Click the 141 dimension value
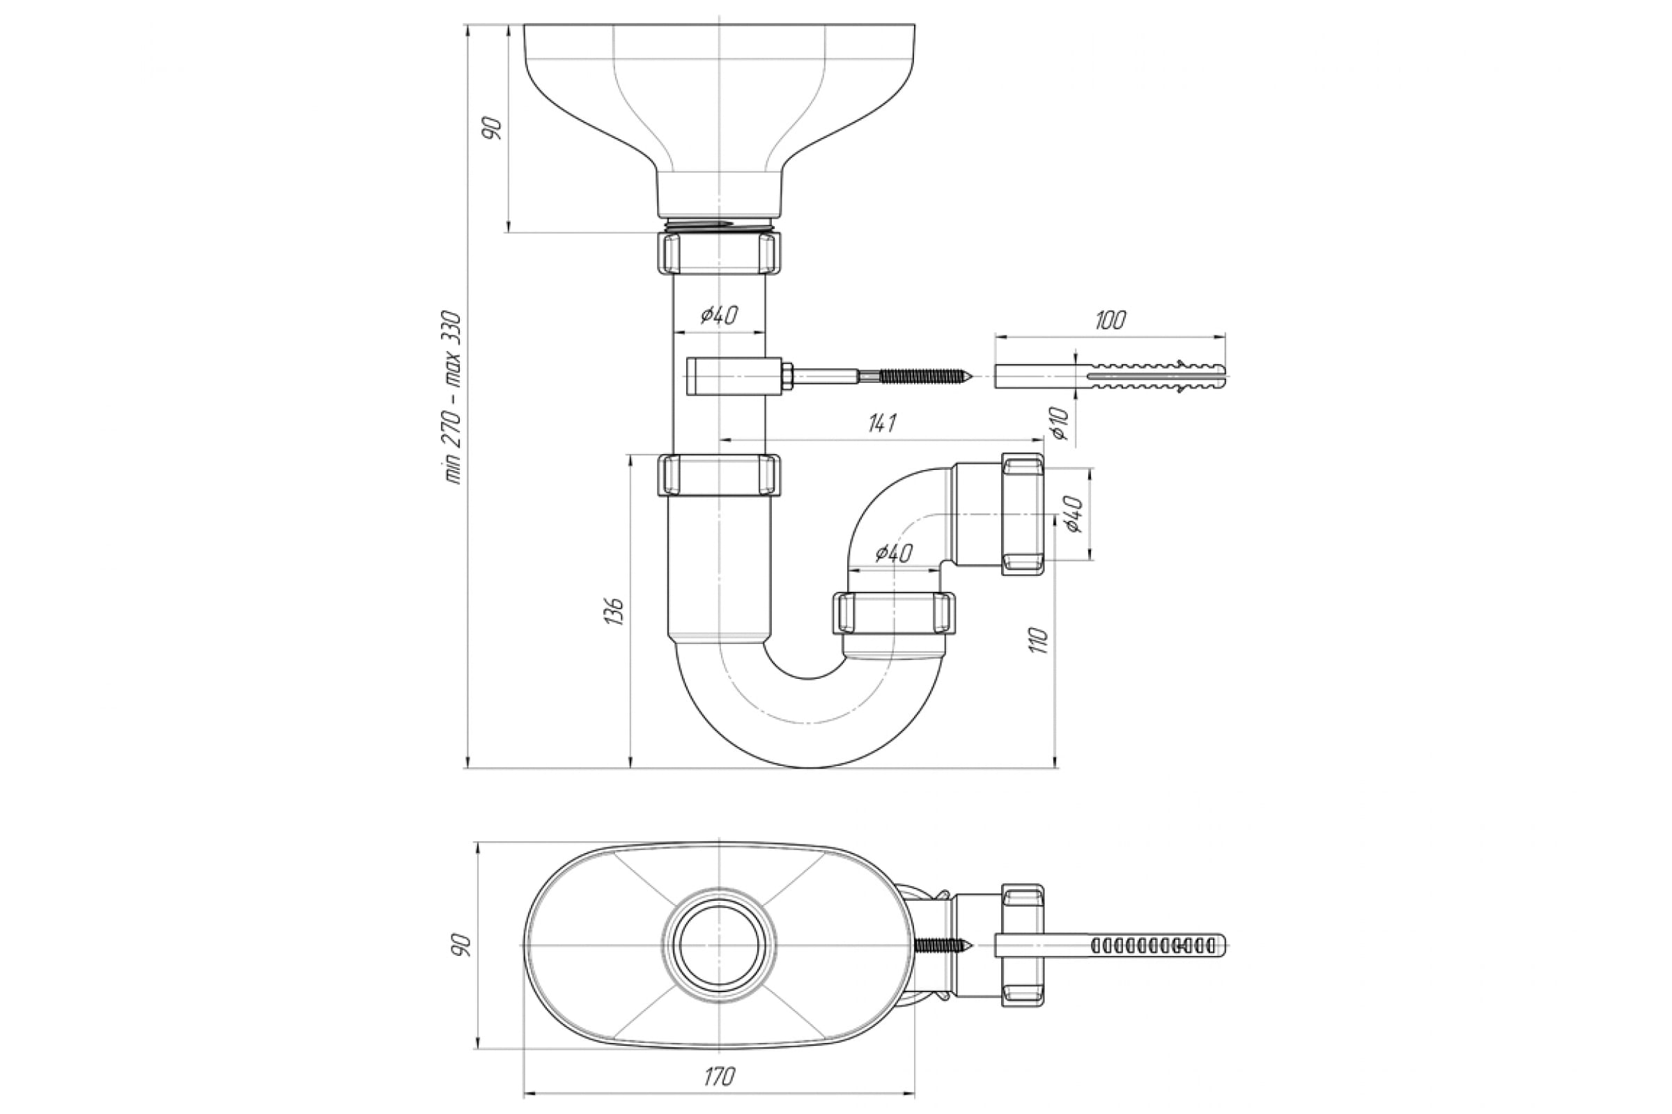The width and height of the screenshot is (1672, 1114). click(x=881, y=423)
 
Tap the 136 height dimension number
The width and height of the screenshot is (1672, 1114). click(x=617, y=611)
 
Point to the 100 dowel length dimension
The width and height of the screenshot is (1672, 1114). click(x=1110, y=320)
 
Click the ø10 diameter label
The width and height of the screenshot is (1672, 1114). click(x=1060, y=423)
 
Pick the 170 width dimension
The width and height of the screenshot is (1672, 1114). click(x=719, y=1077)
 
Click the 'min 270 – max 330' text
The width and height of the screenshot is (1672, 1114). click(x=454, y=398)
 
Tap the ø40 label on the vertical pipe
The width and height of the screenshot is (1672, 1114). click(x=720, y=315)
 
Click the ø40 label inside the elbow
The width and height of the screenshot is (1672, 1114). click(x=894, y=552)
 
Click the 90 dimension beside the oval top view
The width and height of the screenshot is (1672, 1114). click(x=461, y=945)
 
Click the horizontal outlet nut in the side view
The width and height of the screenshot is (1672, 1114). click(x=1023, y=515)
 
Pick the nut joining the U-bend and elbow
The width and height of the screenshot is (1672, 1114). click(x=894, y=613)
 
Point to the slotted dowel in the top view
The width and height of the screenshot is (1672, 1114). click(x=1110, y=945)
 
